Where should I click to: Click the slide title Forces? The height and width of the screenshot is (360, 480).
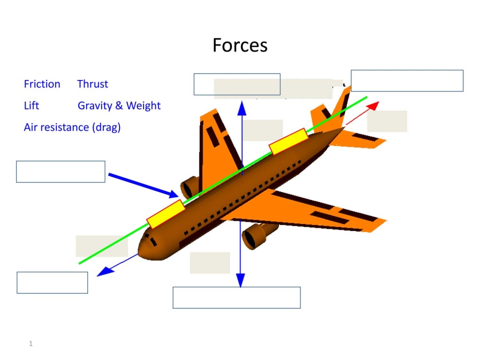[240, 45]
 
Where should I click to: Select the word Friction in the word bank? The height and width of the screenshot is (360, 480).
[42, 84]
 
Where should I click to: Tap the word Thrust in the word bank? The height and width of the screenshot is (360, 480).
[92, 84]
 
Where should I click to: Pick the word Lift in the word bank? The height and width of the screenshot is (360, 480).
[31, 105]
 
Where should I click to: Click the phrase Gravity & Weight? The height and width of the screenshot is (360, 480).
[119, 105]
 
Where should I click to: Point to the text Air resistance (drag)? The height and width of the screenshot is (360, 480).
[72, 127]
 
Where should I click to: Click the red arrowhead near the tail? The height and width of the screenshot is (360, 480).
[373, 106]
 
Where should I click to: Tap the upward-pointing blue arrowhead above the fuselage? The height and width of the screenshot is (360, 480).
[242, 108]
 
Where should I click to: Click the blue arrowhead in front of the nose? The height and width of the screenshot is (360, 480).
[105, 271]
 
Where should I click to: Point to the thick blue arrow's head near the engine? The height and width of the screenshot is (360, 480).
[173, 194]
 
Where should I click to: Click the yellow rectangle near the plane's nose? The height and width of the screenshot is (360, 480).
[166, 214]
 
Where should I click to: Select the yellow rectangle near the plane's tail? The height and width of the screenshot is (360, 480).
[288, 141]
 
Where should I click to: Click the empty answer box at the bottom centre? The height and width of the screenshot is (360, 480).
[236, 297]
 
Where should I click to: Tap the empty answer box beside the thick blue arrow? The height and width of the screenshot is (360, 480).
[60, 171]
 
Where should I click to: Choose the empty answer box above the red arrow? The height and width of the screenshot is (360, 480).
[407, 80]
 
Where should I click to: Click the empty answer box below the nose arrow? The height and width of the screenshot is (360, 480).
[52, 282]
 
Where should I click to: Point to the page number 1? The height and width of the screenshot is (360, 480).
[30, 343]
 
